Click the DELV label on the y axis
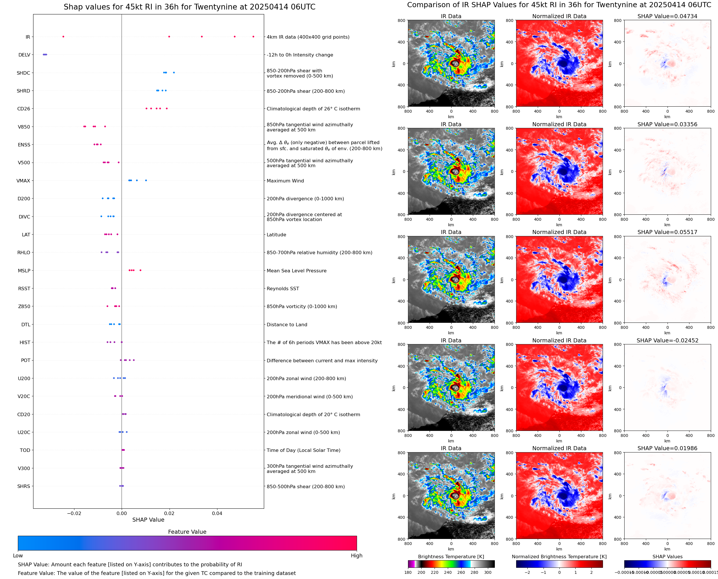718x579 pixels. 24,55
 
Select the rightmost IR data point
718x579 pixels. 253,37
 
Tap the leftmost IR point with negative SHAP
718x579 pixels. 63,37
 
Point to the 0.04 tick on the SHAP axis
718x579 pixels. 217,513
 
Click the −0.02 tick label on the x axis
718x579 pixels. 74,513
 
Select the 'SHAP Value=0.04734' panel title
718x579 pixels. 667,16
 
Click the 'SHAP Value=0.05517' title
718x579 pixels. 667,232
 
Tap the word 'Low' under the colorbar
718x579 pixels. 18,556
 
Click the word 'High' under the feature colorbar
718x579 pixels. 356,556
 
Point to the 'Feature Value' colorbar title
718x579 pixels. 187,532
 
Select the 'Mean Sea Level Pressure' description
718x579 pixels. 296,271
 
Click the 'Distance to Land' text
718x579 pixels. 287,325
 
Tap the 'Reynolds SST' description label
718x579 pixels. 283,288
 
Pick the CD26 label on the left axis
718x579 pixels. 23,109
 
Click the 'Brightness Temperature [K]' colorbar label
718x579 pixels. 451,557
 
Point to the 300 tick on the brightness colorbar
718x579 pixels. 487,572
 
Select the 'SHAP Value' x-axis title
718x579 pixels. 148,520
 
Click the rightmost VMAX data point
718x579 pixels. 146,180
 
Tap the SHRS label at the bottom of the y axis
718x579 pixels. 23,486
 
